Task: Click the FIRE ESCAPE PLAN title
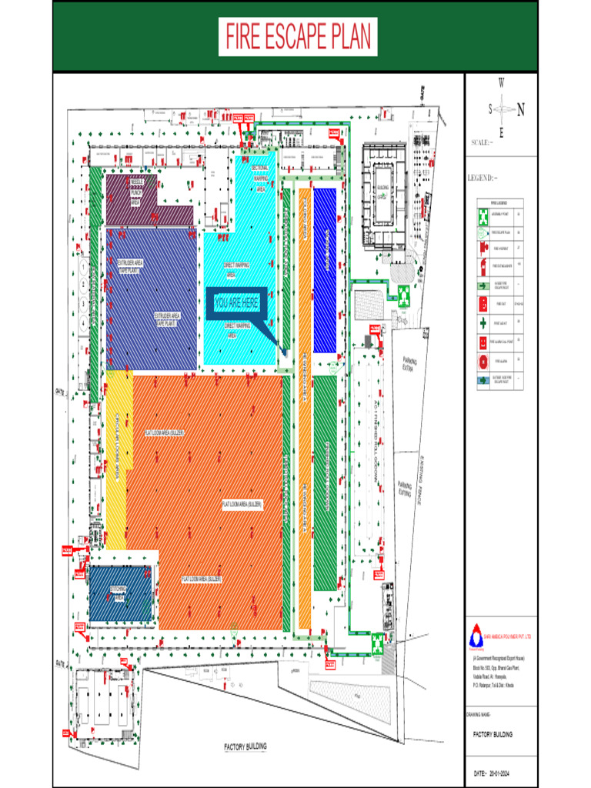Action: (298, 36)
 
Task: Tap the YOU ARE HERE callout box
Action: (236, 303)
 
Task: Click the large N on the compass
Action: (521, 109)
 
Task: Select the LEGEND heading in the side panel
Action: (482, 179)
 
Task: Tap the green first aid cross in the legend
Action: (482, 322)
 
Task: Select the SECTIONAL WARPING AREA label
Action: (260, 178)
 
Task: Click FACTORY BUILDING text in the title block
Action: (492, 734)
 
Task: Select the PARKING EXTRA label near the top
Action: (407, 364)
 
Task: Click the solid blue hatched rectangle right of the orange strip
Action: (325, 271)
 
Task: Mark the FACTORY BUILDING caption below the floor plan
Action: (245, 746)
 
